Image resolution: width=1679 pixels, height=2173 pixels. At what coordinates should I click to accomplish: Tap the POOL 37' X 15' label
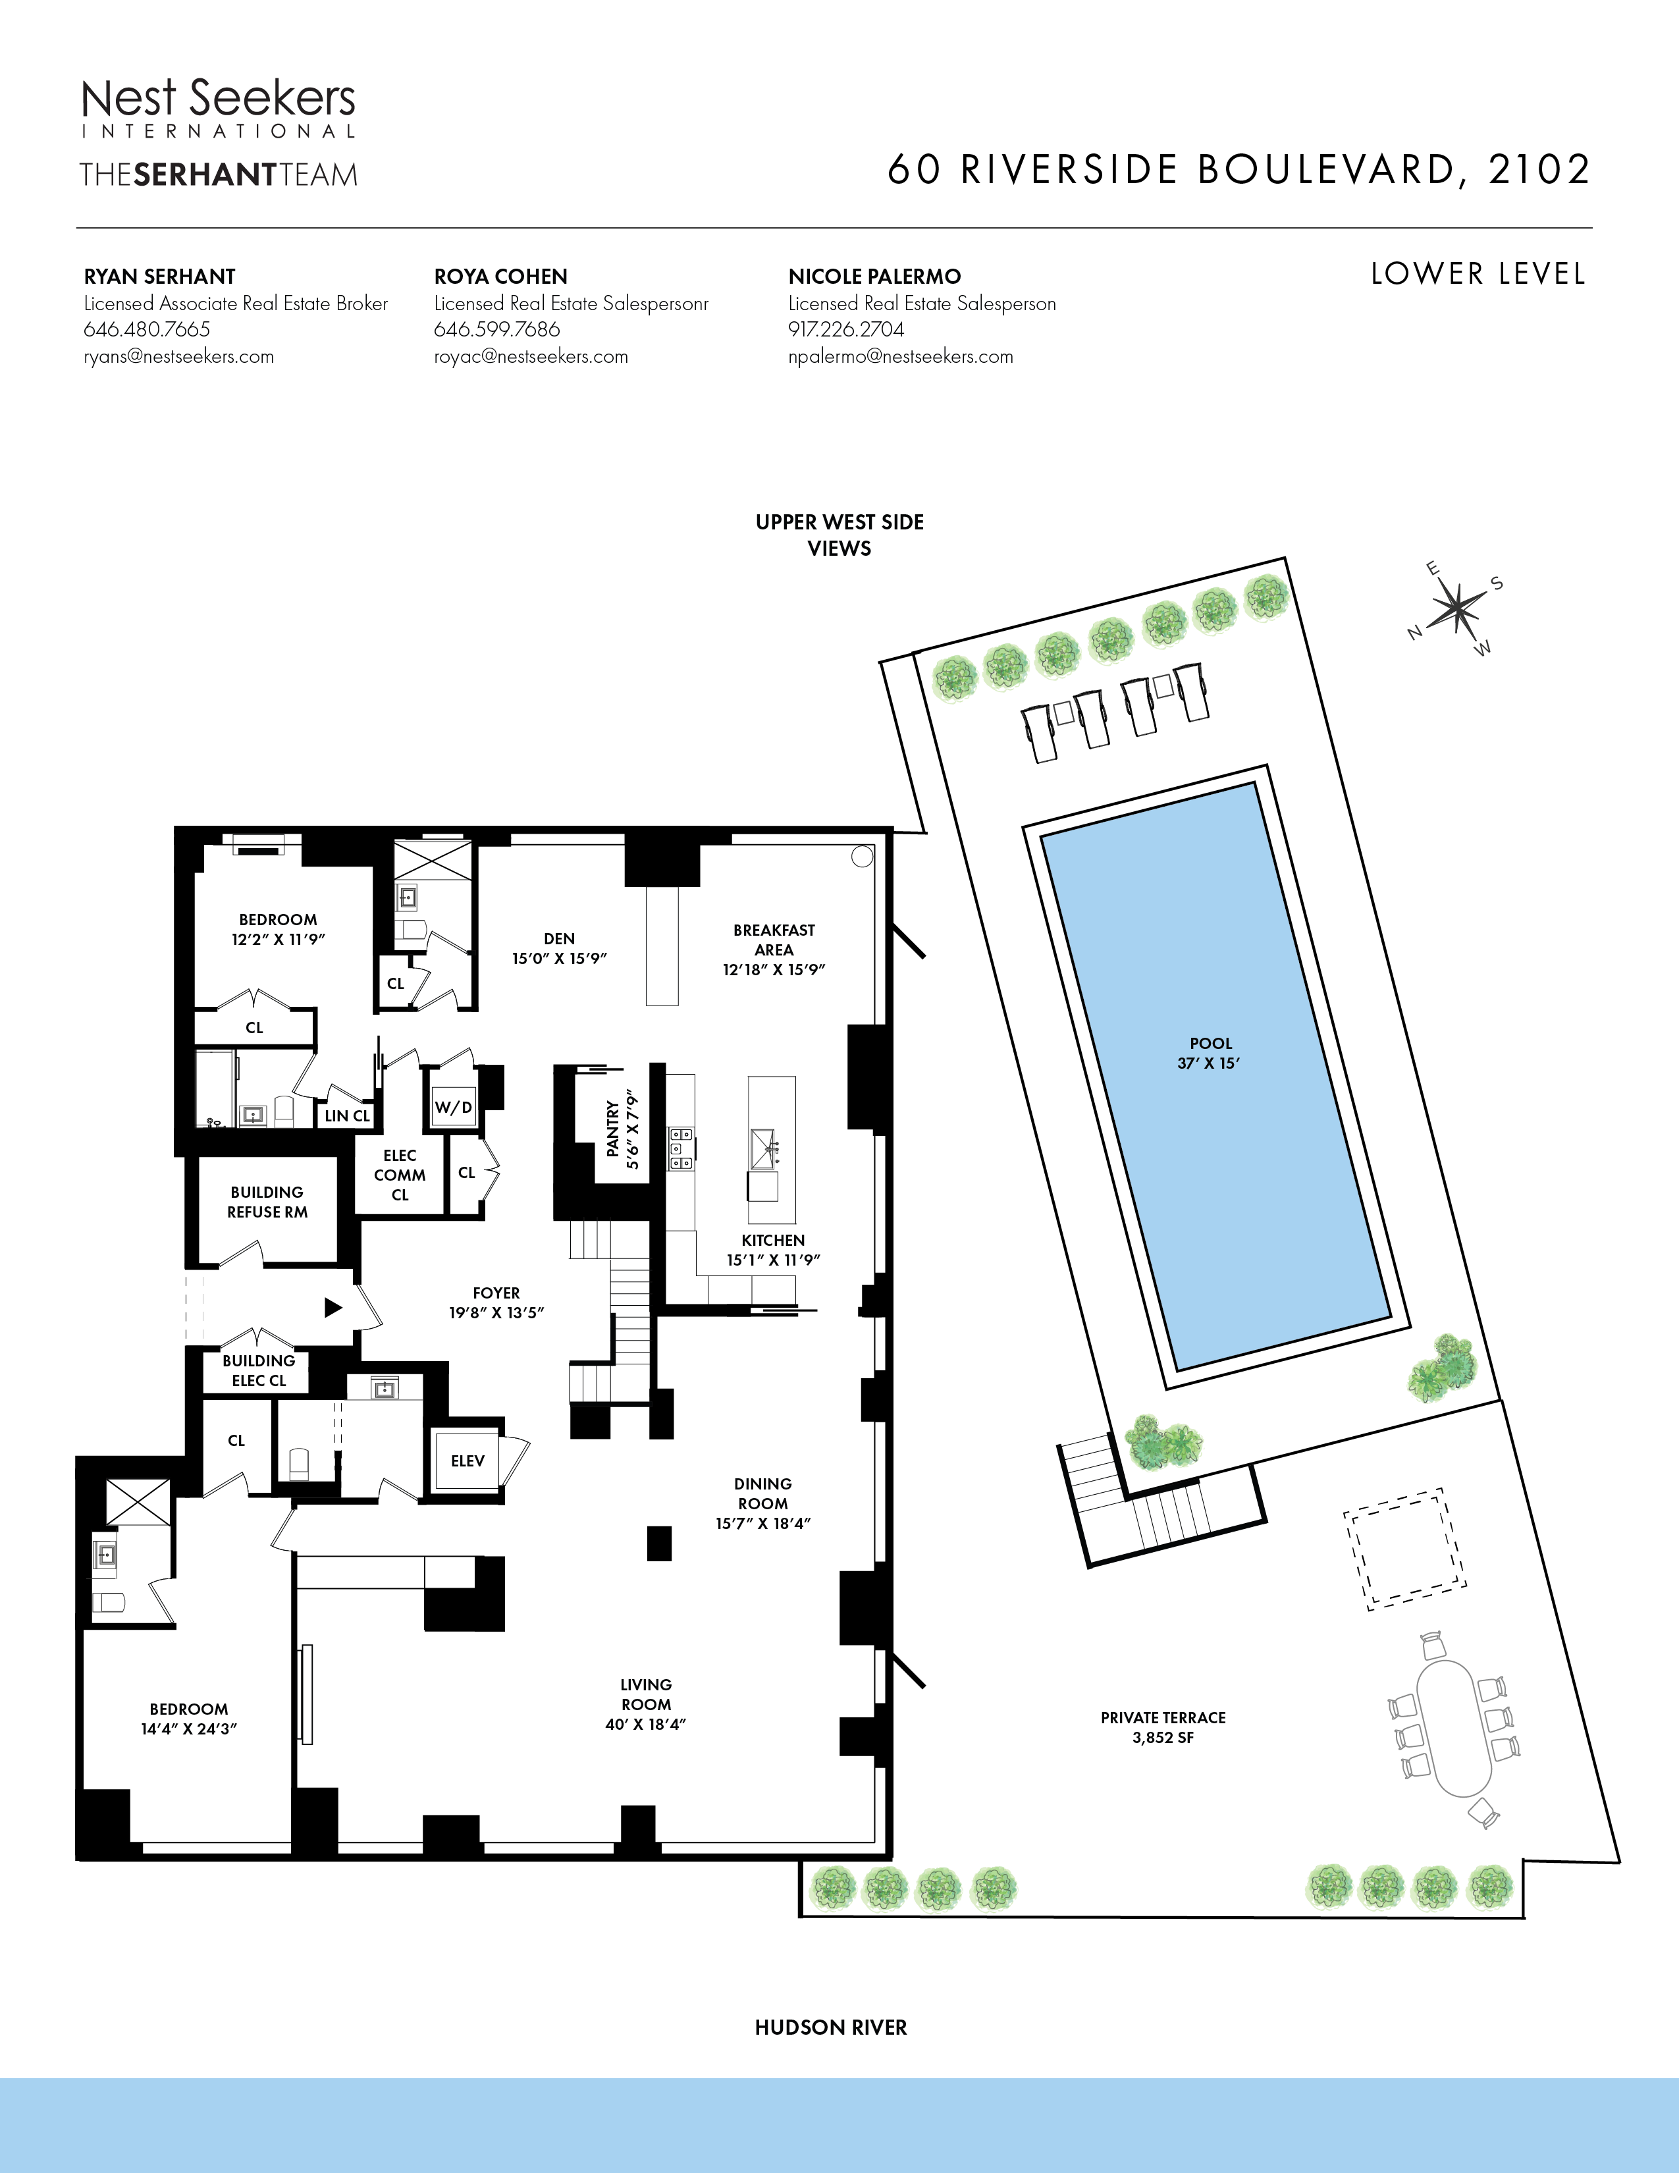[1210, 1053]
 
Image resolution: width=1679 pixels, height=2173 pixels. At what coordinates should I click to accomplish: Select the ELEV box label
[467, 1461]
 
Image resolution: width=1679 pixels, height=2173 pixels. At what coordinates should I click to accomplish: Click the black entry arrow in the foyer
[333, 1307]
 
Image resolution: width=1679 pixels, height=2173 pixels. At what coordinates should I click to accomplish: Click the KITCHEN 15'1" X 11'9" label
[773, 1250]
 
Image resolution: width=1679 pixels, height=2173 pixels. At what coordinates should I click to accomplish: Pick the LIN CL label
[347, 1116]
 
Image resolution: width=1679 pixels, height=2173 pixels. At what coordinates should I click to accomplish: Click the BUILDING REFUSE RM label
[267, 1202]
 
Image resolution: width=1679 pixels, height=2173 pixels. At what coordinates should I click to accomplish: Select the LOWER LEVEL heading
[1477, 274]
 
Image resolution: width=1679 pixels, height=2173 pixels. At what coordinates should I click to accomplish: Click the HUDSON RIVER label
[830, 2027]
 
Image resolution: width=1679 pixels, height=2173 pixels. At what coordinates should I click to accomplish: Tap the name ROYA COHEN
[500, 277]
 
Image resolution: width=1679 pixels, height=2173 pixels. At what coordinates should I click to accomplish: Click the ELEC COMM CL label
[400, 1175]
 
